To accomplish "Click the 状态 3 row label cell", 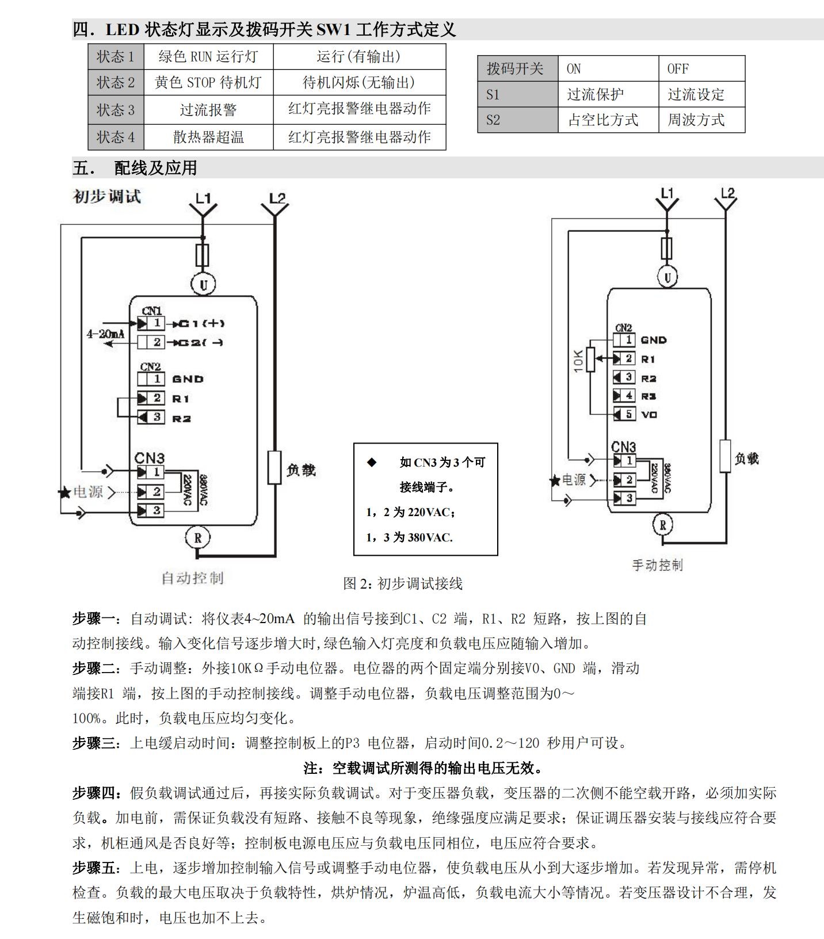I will click(x=116, y=109).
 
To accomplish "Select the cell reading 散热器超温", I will click(x=208, y=137).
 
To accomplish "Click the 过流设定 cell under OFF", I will click(x=696, y=94).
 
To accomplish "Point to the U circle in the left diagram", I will click(x=203, y=284).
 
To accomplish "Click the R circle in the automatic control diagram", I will click(x=198, y=537).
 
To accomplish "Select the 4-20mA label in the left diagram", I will click(x=106, y=333).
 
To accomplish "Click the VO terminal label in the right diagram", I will click(x=649, y=414).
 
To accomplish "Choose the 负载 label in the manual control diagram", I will click(x=746, y=459).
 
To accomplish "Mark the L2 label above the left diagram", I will click(x=277, y=199).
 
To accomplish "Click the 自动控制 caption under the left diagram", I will click(x=192, y=578).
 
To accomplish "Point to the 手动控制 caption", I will click(x=657, y=565).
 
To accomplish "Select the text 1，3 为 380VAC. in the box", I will click(x=409, y=537).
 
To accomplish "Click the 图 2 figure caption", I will click(x=403, y=583).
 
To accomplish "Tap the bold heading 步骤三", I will click(x=94, y=743).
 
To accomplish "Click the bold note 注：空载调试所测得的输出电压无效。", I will click(x=424, y=768).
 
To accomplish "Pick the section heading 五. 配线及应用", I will click(x=135, y=167).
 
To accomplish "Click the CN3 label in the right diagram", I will click(x=623, y=446).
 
